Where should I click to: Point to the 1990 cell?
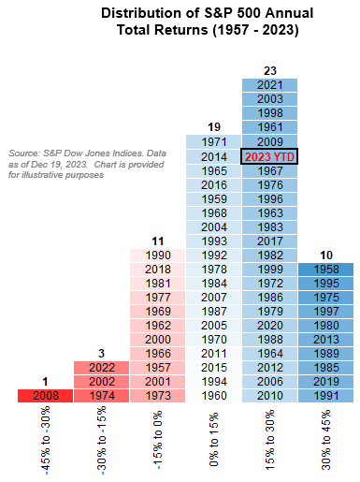156,255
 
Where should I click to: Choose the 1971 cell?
212,142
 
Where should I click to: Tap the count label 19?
212,126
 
